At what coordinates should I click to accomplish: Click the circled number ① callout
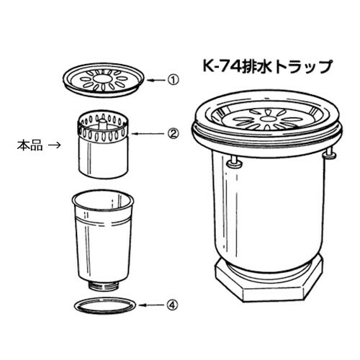173,80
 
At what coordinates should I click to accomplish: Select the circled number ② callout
173,133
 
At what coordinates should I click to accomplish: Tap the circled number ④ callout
173,305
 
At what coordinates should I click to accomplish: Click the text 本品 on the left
30,145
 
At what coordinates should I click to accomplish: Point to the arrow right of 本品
54,145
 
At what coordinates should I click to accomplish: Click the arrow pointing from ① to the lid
156,80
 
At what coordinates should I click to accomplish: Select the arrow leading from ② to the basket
148,133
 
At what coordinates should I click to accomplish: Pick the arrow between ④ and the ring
152,305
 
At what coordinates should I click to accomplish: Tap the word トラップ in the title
303,66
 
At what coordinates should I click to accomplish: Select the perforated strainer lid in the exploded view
104,80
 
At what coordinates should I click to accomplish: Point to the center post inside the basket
103,124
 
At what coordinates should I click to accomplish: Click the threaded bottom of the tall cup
104,286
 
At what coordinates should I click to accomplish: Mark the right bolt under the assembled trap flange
330,153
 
